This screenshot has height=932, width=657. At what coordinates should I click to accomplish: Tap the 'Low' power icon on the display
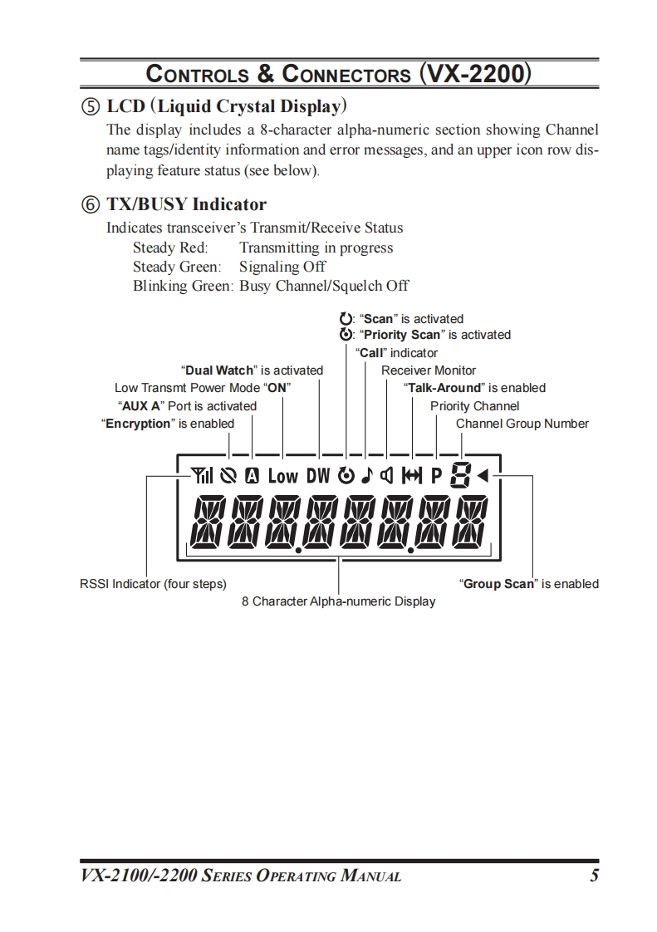tap(282, 476)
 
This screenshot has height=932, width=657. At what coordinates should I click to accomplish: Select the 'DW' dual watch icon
tap(318, 476)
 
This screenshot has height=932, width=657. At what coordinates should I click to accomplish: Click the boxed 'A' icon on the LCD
tap(252, 476)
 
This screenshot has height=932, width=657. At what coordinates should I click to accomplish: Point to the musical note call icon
tap(365, 476)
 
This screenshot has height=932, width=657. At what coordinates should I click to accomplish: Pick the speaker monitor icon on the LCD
tap(385, 476)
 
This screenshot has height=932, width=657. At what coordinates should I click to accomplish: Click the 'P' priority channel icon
tap(436, 476)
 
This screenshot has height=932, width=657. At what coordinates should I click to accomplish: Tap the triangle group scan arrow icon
tap(483, 476)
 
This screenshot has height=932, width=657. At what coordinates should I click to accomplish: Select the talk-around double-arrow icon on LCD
tap(412, 476)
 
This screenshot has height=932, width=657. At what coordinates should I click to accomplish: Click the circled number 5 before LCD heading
tap(93, 107)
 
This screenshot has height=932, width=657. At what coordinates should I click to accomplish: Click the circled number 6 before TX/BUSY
tap(93, 204)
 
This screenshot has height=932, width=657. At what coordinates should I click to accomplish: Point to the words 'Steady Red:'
tap(170, 248)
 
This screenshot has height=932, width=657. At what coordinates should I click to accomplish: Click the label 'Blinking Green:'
tap(183, 286)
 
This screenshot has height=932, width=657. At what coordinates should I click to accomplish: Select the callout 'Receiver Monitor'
tap(429, 370)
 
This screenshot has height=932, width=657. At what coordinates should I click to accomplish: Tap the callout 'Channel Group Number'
tap(522, 424)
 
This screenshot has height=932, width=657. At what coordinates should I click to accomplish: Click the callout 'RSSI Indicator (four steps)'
tap(153, 584)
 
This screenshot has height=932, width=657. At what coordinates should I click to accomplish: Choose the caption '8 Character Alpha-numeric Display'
tap(339, 601)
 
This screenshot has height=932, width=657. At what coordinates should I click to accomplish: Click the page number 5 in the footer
tap(594, 875)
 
